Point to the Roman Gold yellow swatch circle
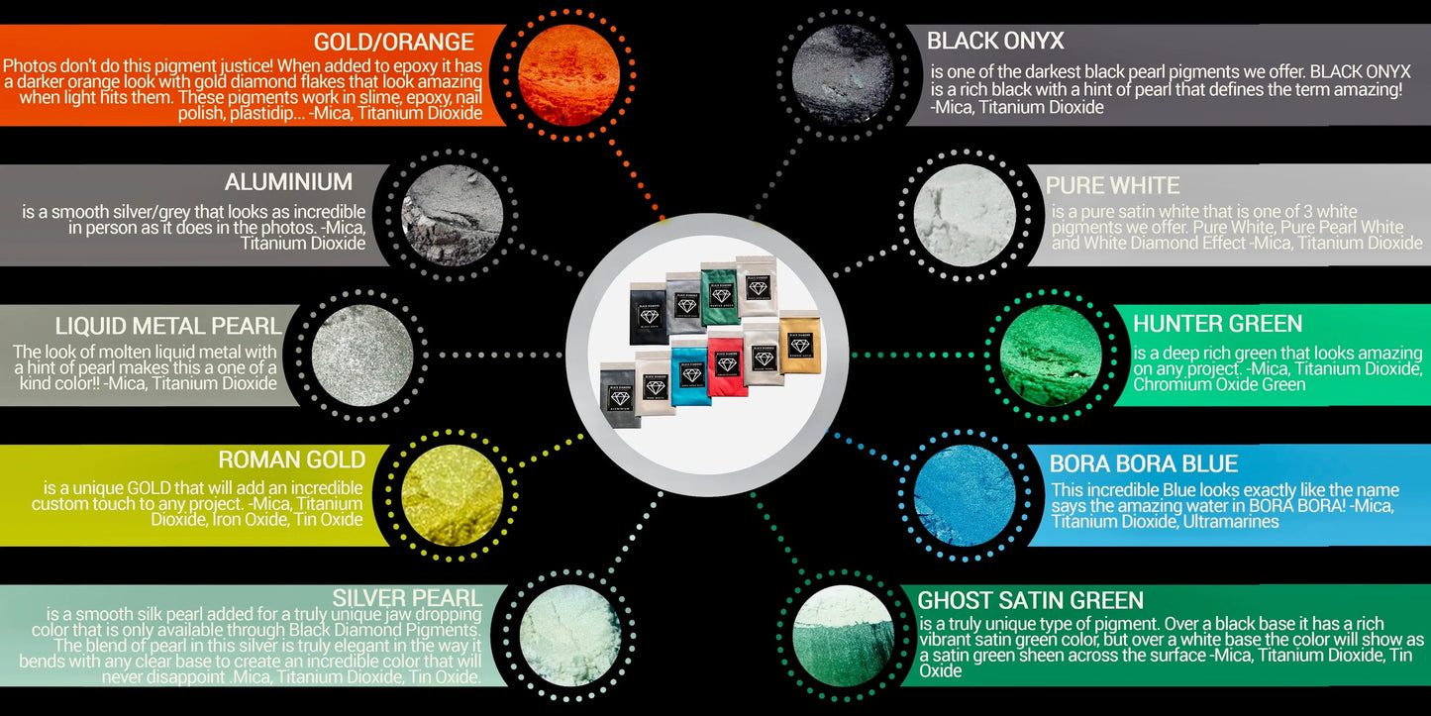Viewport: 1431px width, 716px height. (x=453, y=494)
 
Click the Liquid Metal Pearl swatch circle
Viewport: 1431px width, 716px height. (x=361, y=355)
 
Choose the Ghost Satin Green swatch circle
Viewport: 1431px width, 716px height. (x=845, y=637)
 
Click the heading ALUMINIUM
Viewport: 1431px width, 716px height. (x=288, y=182)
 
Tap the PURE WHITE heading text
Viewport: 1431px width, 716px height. (x=1112, y=186)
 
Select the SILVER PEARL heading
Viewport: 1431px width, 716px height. (x=407, y=598)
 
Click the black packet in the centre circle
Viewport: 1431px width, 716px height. (x=649, y=313)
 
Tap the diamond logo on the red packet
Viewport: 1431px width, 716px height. (x=727, y=363)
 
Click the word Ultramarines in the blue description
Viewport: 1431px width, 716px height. (x=1225, y=521)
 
